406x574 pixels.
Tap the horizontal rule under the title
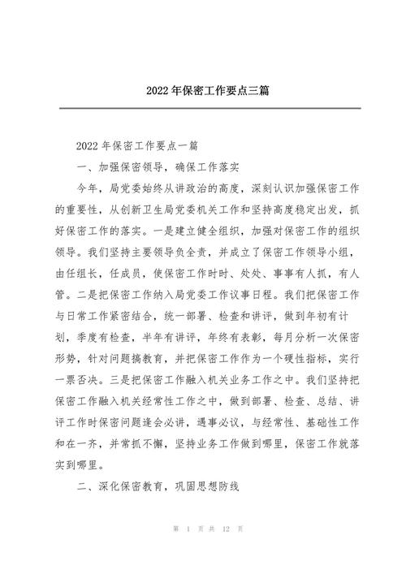tap(203, 108)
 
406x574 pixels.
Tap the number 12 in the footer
tap(227, 551)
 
